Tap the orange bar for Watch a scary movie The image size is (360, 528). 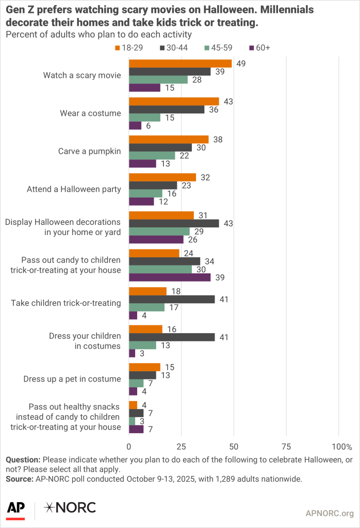pos(180,63)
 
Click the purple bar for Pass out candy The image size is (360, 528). pos(170,277)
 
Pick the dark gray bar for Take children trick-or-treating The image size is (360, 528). pos(172,299)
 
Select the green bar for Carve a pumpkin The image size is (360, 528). pos(152,156)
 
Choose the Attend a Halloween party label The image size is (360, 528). pos(74,189)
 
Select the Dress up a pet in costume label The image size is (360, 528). pos(72,379)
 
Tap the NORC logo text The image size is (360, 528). pos(71,507)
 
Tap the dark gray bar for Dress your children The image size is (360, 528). pos(172,337)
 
